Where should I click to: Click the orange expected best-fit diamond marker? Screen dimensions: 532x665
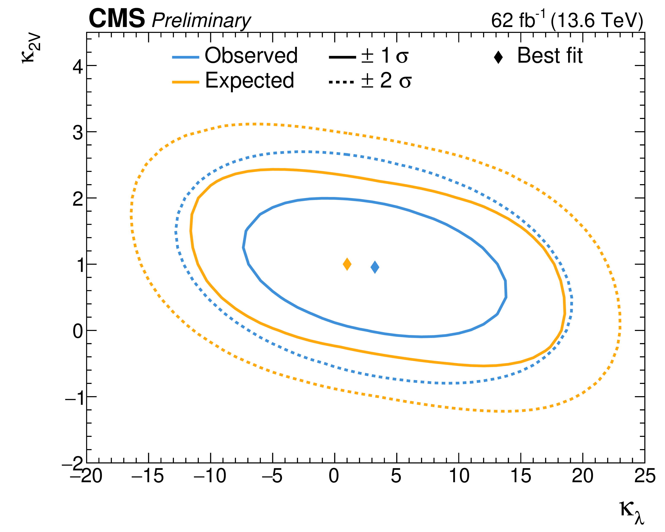coord(347,264)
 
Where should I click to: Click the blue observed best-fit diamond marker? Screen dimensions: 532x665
coord(375,267)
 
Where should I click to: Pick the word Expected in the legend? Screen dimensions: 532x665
coord(249,81)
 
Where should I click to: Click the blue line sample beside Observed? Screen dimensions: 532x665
coord(185,57)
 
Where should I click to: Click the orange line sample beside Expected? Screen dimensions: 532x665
coord(185,82)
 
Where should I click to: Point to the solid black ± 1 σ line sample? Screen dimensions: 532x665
coord(342,57)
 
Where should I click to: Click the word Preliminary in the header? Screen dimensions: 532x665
coord(201,21)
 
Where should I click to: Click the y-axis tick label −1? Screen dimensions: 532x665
coord(74,398)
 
